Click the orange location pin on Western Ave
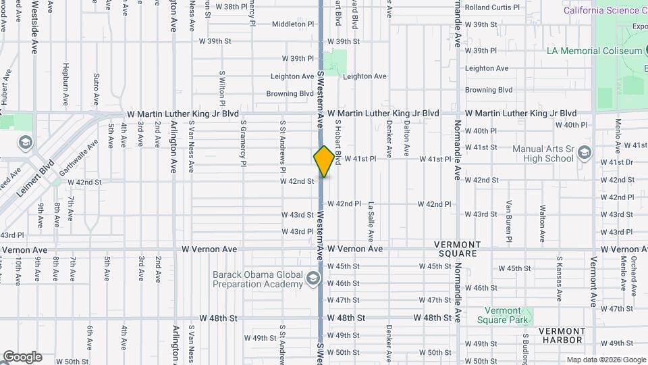click(x=324, y=162)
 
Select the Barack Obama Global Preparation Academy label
click(x=258, y=279)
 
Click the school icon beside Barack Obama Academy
click(x=313, y=278)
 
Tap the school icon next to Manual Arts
click(x=584, y=151)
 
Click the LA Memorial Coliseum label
click(x=594, y=51)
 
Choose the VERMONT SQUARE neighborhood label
click(x=457, y=249)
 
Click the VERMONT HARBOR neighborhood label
click(x=562, y=335)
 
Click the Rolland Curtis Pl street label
click(x=492, y=7)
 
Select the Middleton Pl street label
click(x=294, y=24)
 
